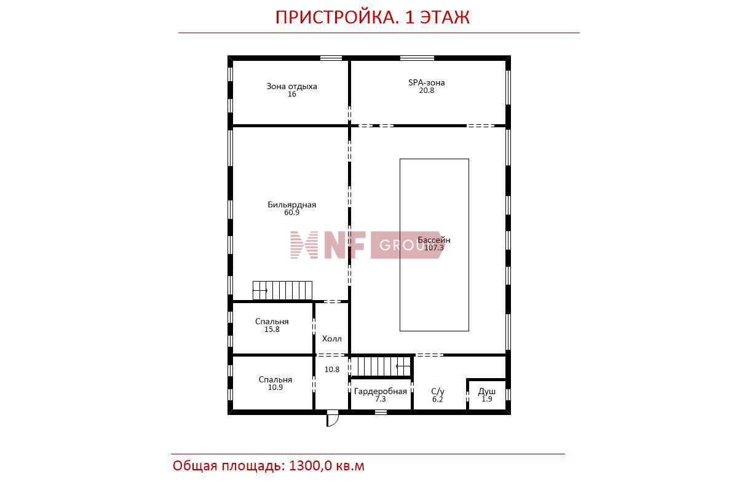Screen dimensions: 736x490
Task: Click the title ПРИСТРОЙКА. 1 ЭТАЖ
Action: coord(372,17)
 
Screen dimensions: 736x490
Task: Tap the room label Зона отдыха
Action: coord(292,86)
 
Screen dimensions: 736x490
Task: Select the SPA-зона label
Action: coord(427,82)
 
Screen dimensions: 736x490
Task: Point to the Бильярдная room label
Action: coord(292,205)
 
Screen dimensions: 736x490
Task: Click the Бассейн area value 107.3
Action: coord(433,248)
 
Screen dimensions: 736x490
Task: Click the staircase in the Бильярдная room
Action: coord(283,290)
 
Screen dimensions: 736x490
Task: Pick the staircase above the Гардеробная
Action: coord(381,366)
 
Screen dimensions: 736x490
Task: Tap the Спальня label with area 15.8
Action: coord(272,322)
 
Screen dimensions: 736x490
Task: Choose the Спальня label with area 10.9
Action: coord(275,380)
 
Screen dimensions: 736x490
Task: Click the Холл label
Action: coord(332,339)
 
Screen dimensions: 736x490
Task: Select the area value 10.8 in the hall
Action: coord(332,370)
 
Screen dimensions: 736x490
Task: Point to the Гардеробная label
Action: coord(381,392)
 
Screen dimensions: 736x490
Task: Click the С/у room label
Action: coord(438,392)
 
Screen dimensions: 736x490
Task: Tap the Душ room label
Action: coord(487,392)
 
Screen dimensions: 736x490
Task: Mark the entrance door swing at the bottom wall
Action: coord(333,417)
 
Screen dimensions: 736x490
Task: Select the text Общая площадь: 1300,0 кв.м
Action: coord(269,466)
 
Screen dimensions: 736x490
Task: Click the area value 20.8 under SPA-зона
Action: coord(427,90)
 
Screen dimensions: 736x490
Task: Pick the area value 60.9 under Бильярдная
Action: coord(292,212)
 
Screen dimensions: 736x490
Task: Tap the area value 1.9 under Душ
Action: coord(487,399)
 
